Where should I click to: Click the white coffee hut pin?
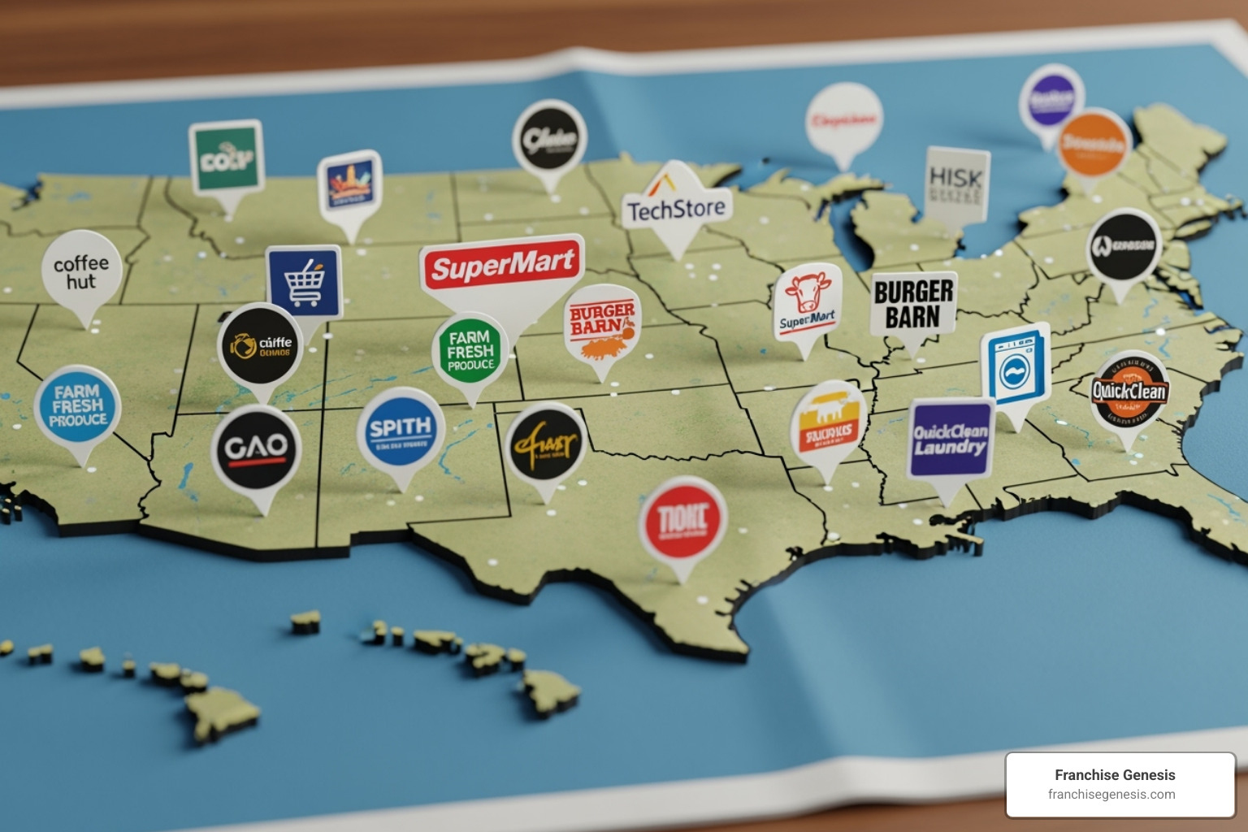tap(81, 271)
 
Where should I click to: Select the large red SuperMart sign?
tap(502, 266)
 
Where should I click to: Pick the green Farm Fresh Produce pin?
tap(470, 351)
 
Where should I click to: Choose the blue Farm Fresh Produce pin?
tap(78, 405)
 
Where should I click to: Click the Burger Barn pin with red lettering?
tap(602, 322)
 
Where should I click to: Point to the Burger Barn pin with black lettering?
tap(913, 304)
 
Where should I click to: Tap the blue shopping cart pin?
tap(304, 281)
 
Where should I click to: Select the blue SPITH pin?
tap(401, 431)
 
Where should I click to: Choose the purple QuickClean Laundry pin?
tap(951, 439)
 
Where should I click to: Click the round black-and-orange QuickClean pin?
tap(1129, 392)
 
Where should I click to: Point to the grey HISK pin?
tap(957, 184)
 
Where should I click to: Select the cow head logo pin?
tap(807, 301)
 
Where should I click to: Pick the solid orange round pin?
tap(1094, 144)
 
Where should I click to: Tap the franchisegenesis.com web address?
tap(1111, 795)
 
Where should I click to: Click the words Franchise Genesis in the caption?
tap(1115, 775)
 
